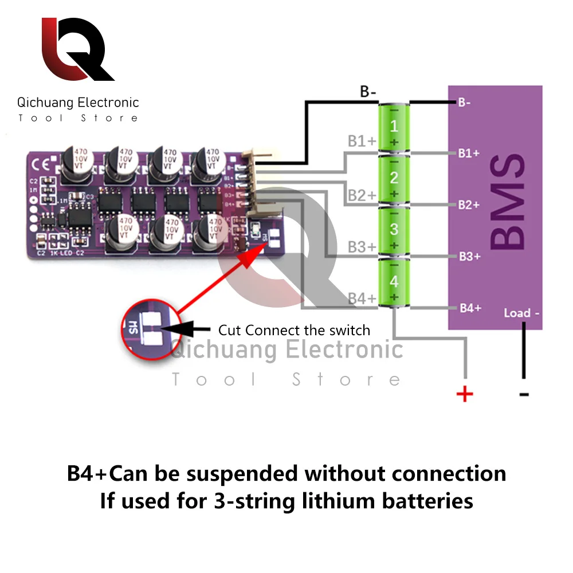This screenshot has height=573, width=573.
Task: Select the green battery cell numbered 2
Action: pyautogui.click(x=394, y=180)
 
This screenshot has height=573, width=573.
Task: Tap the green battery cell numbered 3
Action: pyautogui.click(x=394, y=231)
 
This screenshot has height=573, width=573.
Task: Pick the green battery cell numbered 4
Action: pyautogui.click(x=394, y=283)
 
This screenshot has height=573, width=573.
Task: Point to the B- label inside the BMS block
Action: pyautogui.click(x=464, y=103)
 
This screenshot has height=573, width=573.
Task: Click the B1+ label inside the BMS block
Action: pyautogui.click(x=468, y=154)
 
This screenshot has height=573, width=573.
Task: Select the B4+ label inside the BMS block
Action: pyautogui.click(x=470, y=308)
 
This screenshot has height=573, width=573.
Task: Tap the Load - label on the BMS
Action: pyautogui.click(x=521, y=313)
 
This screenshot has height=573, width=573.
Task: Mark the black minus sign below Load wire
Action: pyautogui.click(x=524, y=394)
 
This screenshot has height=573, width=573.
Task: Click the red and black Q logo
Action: pyautogui.click(x=77, y=50)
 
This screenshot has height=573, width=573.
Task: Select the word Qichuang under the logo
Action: pyautogui.click(x=45, y=103)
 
